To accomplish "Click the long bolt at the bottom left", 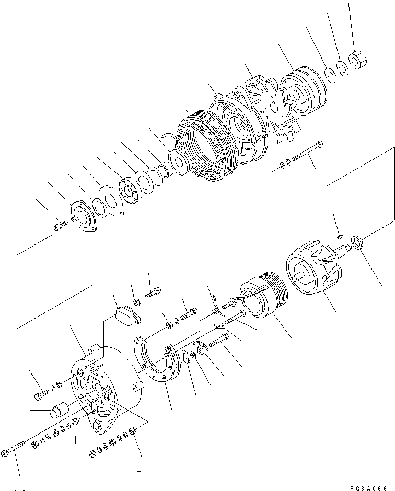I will tap(15, 449).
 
